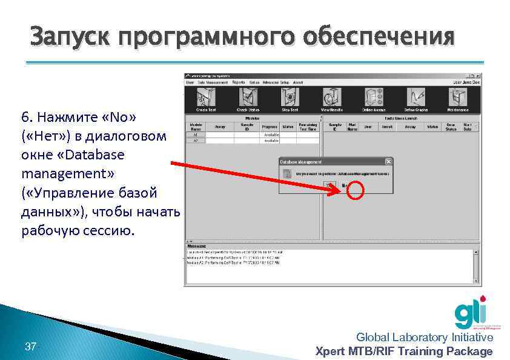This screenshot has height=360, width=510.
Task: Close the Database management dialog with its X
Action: coord(388,162)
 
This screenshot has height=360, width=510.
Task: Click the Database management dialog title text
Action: coord(301,162)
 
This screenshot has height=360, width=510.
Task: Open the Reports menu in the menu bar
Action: coord(238,82)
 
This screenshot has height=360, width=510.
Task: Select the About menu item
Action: coord(298,82)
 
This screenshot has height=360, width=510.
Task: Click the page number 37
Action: coord(30,347)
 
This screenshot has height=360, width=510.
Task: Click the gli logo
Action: coord(470,312)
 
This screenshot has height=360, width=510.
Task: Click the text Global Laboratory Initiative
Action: coord(425,338)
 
